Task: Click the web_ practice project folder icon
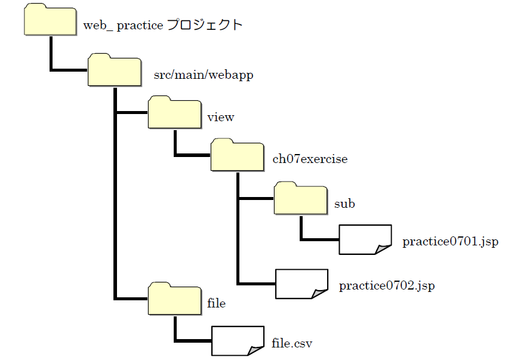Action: tap(51, 20)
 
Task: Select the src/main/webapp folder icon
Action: tap(114, 70)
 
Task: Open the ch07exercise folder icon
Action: tap(238, 156)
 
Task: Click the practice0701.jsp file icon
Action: tap(365, 239)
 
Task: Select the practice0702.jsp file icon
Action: tap(301, 284)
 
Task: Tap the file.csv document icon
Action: tap(238, 340)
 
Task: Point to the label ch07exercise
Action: tap(309, 159)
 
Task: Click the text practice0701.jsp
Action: tap(449, 242)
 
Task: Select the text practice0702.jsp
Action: tap(386, 286)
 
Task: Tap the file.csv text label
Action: tap(292, 343)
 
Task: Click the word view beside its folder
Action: tap(220, 117)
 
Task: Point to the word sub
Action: tap(344, 204)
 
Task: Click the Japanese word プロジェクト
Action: tap(205, 26)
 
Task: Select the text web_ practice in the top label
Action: tap(122, 26)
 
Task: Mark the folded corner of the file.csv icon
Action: tap(256, 349)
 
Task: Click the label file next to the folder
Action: tap(216, 303)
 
